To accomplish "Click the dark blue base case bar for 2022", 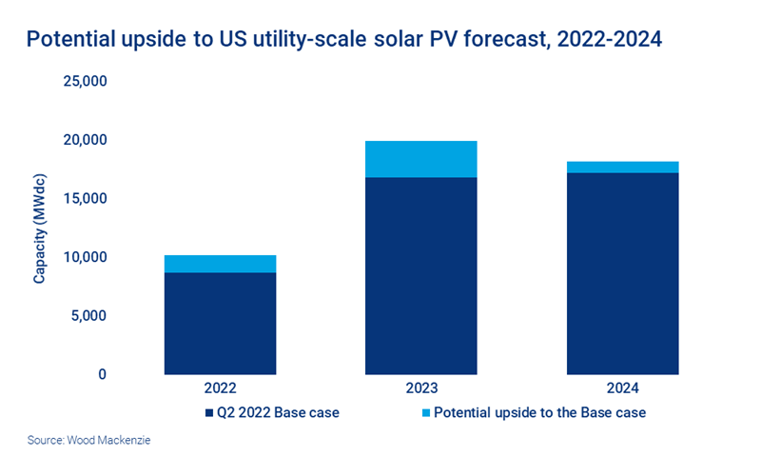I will pyautogui.click(x=220, y=324).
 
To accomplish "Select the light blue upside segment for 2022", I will pyautogui.click(x=220, y=264).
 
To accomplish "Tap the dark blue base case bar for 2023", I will pyautogui.click(x=421, y=276).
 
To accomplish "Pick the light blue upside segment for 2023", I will pyautogui.click(x=421, y=159).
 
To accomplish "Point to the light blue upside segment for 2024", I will pyautogui.click(x=623, y=168).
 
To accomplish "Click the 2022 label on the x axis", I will pyautogui.click(x=220, y=389).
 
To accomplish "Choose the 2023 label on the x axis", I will pyautogui.click(x=421, y=389).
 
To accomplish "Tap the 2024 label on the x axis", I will pyautogui.click(x=623, y=389).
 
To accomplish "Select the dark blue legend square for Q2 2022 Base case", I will pyautogui.click(x=208, y=413).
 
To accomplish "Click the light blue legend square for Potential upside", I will pyautogui.click(x=425, y=413).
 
